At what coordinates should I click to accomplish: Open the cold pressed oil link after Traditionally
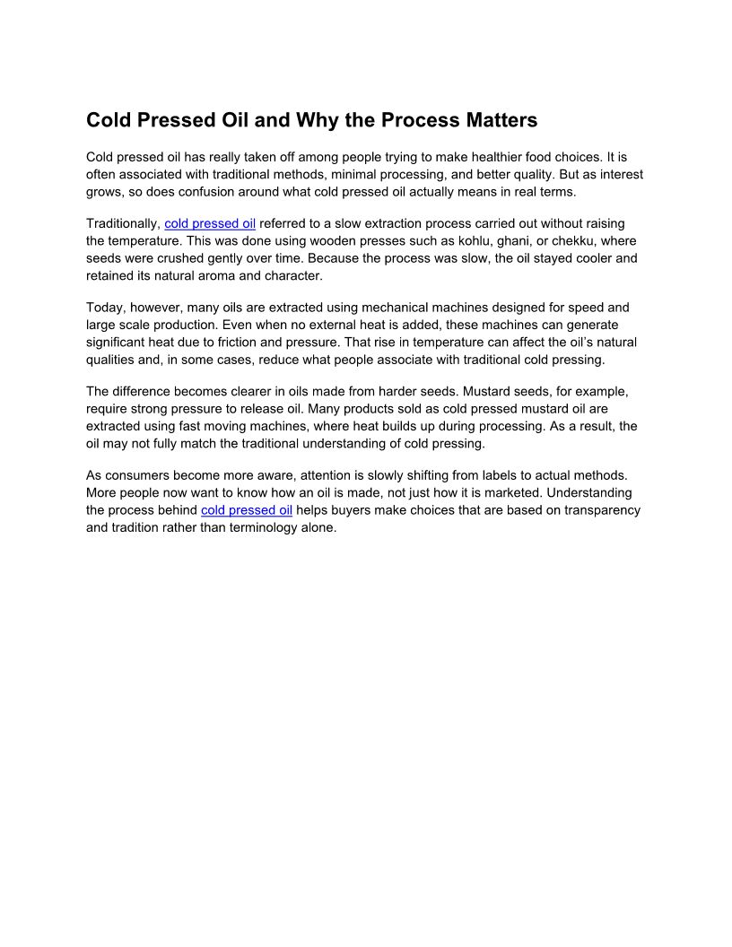(210, 223)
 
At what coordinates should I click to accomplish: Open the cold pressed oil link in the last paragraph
(247, 510)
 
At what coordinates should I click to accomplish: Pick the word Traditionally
(123, 223)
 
